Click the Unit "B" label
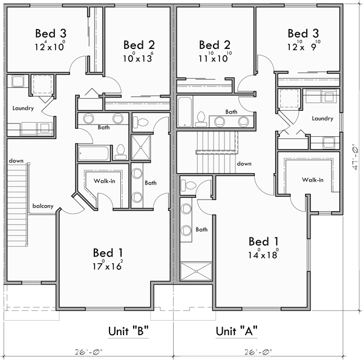tap(128, 331)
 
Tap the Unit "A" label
tap(237, 331)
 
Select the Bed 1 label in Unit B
tap(108, 252)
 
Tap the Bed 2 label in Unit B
tap(139, 45)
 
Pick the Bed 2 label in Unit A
tap(215, 45)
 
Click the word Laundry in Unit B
tap(22, 108)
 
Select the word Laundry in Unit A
tap(322, 119)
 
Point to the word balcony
tap(43, 206)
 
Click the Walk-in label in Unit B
tap(104, 180)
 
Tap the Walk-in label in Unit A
tap(313, 180)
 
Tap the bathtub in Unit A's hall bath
tap(184, 110)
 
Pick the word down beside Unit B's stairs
tap(16, 161)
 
